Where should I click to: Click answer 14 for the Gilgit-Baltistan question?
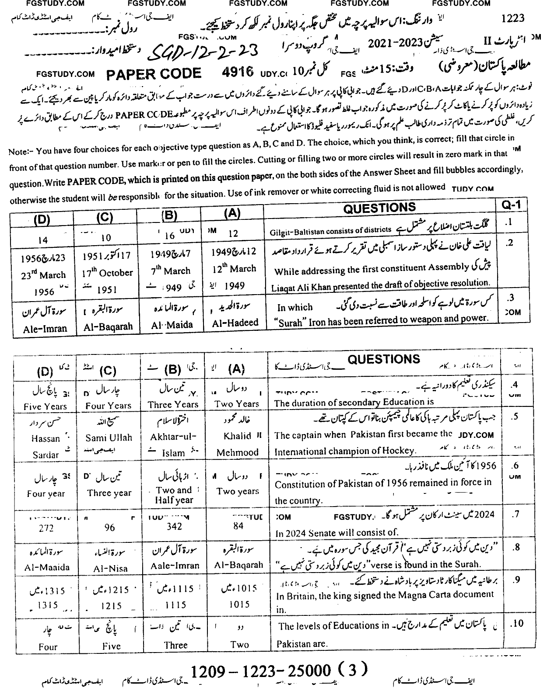point(43,240)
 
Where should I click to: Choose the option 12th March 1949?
point(234,269)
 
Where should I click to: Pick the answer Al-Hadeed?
point(235,323)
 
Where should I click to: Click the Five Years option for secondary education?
point(46,406)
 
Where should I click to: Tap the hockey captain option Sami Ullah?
point(108,437)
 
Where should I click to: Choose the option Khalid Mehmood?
point(237,444)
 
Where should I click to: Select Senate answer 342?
point(174,526)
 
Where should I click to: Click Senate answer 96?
point(109,528)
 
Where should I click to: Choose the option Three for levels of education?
point(175,645)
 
